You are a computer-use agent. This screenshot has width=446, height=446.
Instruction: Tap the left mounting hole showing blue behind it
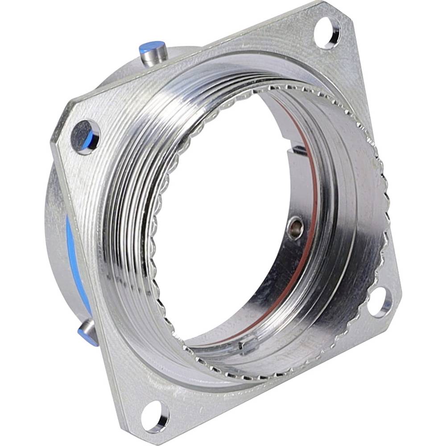click(x=85, y=137)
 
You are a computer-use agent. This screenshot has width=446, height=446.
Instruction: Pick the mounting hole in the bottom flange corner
click(x=156, y=417)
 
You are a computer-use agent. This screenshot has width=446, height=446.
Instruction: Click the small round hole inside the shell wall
click(x=295, y=228)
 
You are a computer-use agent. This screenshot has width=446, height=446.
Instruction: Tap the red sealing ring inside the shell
click(x=308, y=250)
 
